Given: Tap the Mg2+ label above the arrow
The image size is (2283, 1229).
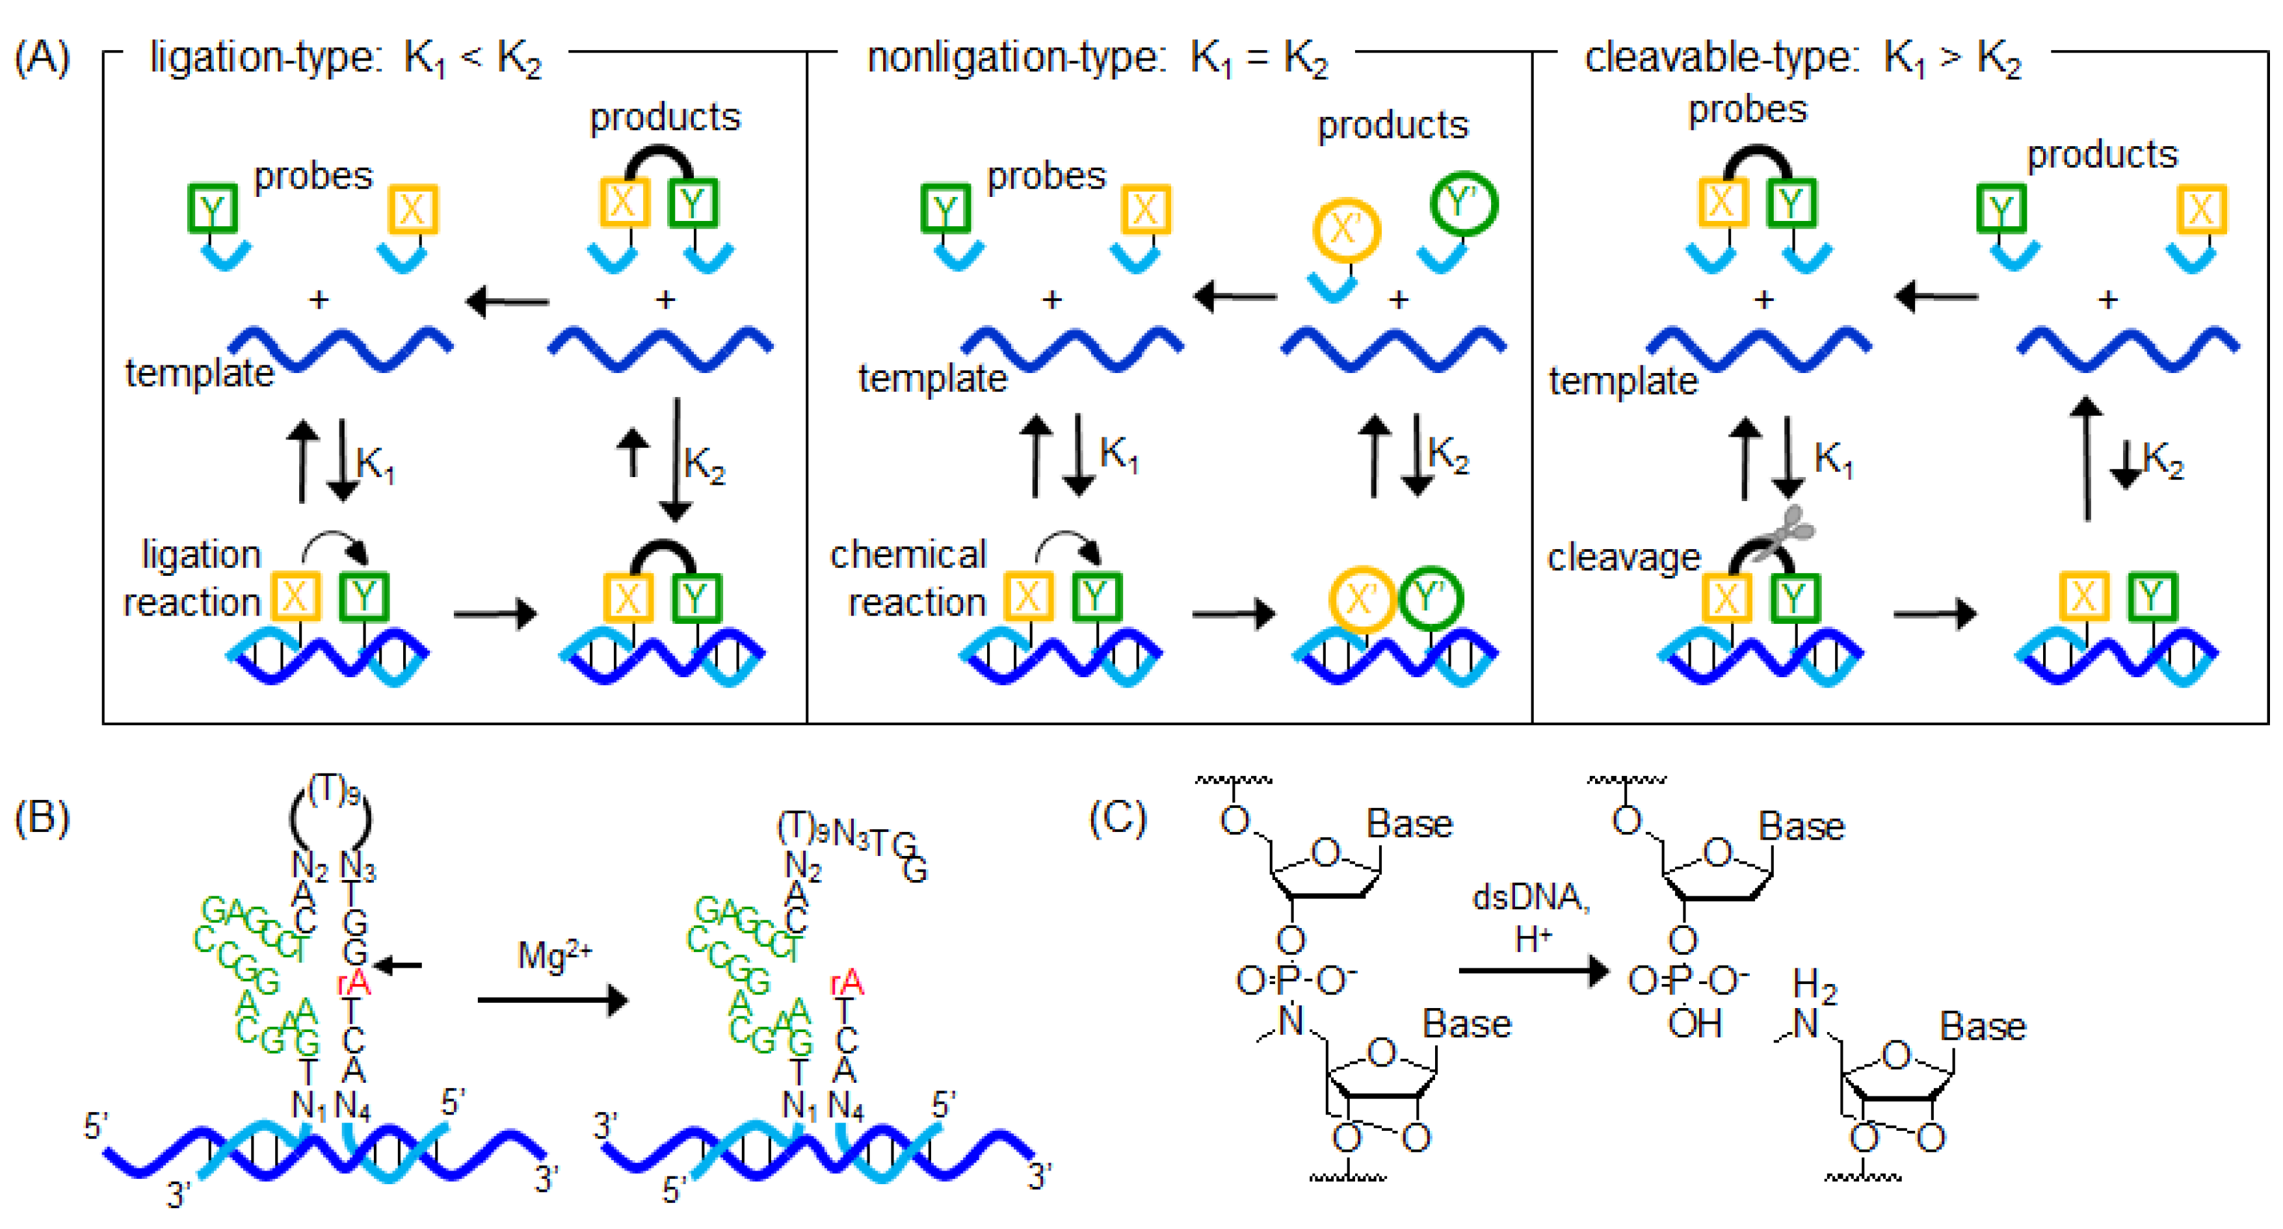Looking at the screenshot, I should pos(554,955).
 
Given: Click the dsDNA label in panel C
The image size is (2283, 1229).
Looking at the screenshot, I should pos(1531,897).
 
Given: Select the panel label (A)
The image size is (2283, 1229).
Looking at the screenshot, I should pos(42,58).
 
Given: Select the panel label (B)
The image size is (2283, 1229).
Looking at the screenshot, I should pos(42,816).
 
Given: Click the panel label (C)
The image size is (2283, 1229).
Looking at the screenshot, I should pos(1118,816).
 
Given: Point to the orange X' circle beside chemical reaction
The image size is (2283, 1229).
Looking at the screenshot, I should pos(1362,599).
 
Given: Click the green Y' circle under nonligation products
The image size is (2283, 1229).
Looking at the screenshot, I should pos(1463,204).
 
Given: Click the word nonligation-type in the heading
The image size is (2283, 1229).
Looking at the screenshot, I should pos(1012,58).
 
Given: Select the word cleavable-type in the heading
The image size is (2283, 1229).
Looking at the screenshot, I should pos(1719,58).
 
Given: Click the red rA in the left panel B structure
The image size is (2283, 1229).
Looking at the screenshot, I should pos(354,982).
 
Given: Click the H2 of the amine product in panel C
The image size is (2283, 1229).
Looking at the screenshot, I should pos(1814,983).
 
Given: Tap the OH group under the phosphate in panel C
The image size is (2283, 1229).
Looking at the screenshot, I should pos(1694,1024).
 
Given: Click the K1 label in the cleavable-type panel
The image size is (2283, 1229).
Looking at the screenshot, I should pos(1833,458).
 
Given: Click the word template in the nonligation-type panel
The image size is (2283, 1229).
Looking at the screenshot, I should pos(932,378).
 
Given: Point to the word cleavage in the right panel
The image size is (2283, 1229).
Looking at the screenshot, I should pos(1624,558).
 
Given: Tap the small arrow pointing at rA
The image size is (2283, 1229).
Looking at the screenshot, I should pos(399,965).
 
